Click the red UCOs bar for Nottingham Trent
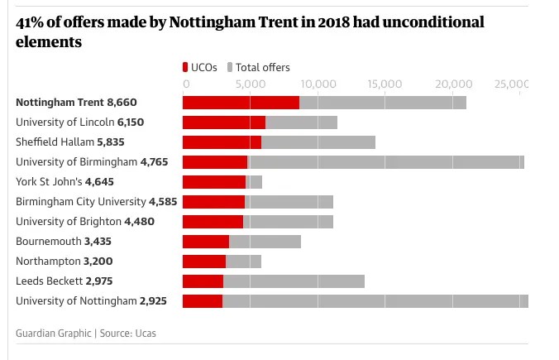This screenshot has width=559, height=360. tap(240, 103)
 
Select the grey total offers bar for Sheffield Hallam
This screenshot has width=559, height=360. tap(318, 142)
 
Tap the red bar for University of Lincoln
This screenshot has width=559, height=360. tap(223, 122)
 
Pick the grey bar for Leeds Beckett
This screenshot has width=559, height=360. tap(294, 281)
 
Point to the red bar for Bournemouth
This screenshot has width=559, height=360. tap(205, 242)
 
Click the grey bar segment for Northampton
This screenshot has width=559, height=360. tap(243, 262)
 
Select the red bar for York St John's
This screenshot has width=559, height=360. tap(213, 182)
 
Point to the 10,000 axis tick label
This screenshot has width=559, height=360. tap(319, 84)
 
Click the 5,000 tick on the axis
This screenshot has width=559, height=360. tap(252, 84)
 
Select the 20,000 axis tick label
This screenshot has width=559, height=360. tap(453, 84)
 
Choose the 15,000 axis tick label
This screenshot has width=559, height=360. tap(386, 84)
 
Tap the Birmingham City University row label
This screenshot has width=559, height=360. tap(80, 202)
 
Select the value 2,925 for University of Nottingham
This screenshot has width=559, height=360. tap(154, 301)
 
